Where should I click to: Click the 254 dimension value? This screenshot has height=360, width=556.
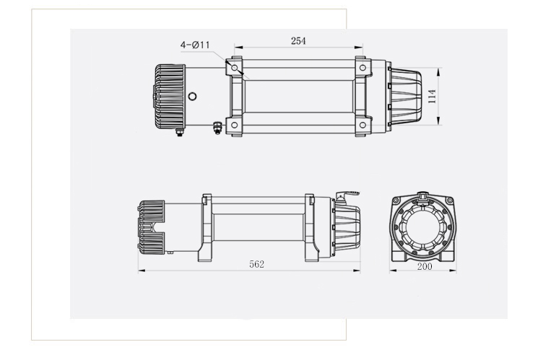coord(298,40)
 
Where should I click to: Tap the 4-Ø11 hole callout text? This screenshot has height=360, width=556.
coord(195,45)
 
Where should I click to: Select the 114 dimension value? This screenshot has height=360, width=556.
coord(432,97)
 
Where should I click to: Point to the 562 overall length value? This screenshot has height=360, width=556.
coord(256,264)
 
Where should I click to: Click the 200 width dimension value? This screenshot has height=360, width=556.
coord(425,266)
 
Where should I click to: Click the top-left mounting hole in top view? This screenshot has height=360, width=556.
coord(235,68)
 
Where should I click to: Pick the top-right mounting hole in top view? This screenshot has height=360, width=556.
coord(362,68)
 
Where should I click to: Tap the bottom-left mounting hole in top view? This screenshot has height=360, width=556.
coord(235,125)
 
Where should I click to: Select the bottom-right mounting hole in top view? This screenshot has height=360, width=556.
coord(362,125)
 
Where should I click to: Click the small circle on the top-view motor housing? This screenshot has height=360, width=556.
coord(192,96)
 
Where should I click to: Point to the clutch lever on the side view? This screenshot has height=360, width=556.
coord(347,195)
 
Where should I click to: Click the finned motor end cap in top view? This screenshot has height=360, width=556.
coord(170,97)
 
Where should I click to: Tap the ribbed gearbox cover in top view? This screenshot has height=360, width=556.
coord(404,97)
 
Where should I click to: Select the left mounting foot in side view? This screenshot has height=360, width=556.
coord(204,253)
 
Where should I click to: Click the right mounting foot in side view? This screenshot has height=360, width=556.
coord(312,253)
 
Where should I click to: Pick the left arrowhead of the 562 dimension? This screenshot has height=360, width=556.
coord(142,271)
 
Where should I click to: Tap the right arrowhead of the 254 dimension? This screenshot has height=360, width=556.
coord(359,47)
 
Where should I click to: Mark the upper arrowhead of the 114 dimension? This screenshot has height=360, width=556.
coord(439,71)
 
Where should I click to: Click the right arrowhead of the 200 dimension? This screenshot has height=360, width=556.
coord(453,271)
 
